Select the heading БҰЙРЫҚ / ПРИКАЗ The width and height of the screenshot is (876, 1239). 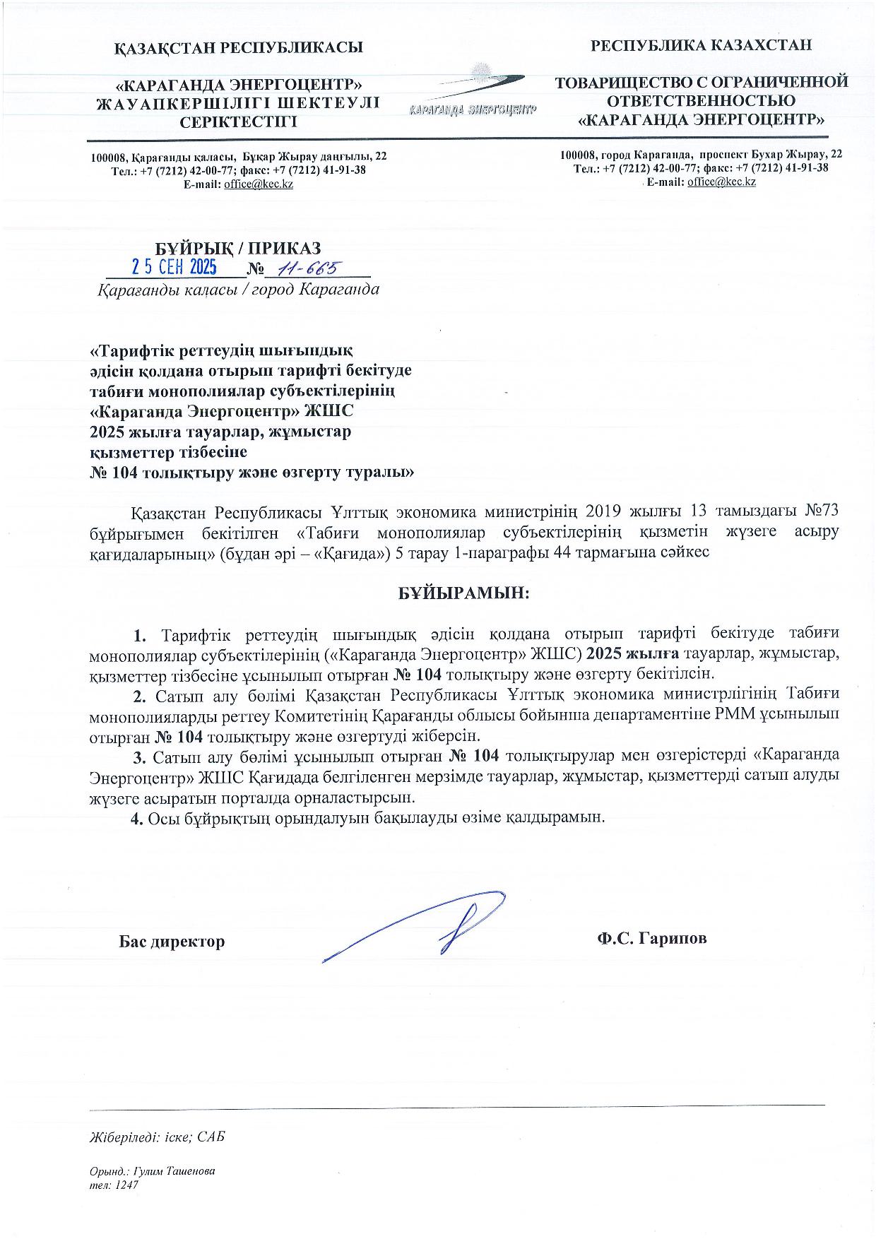point(238,248)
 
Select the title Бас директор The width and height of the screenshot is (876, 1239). point(172,941)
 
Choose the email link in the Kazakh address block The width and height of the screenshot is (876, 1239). point(258,184)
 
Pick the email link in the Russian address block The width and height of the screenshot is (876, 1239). point(721,182)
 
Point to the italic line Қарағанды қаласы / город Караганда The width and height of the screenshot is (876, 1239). point(237,290)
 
